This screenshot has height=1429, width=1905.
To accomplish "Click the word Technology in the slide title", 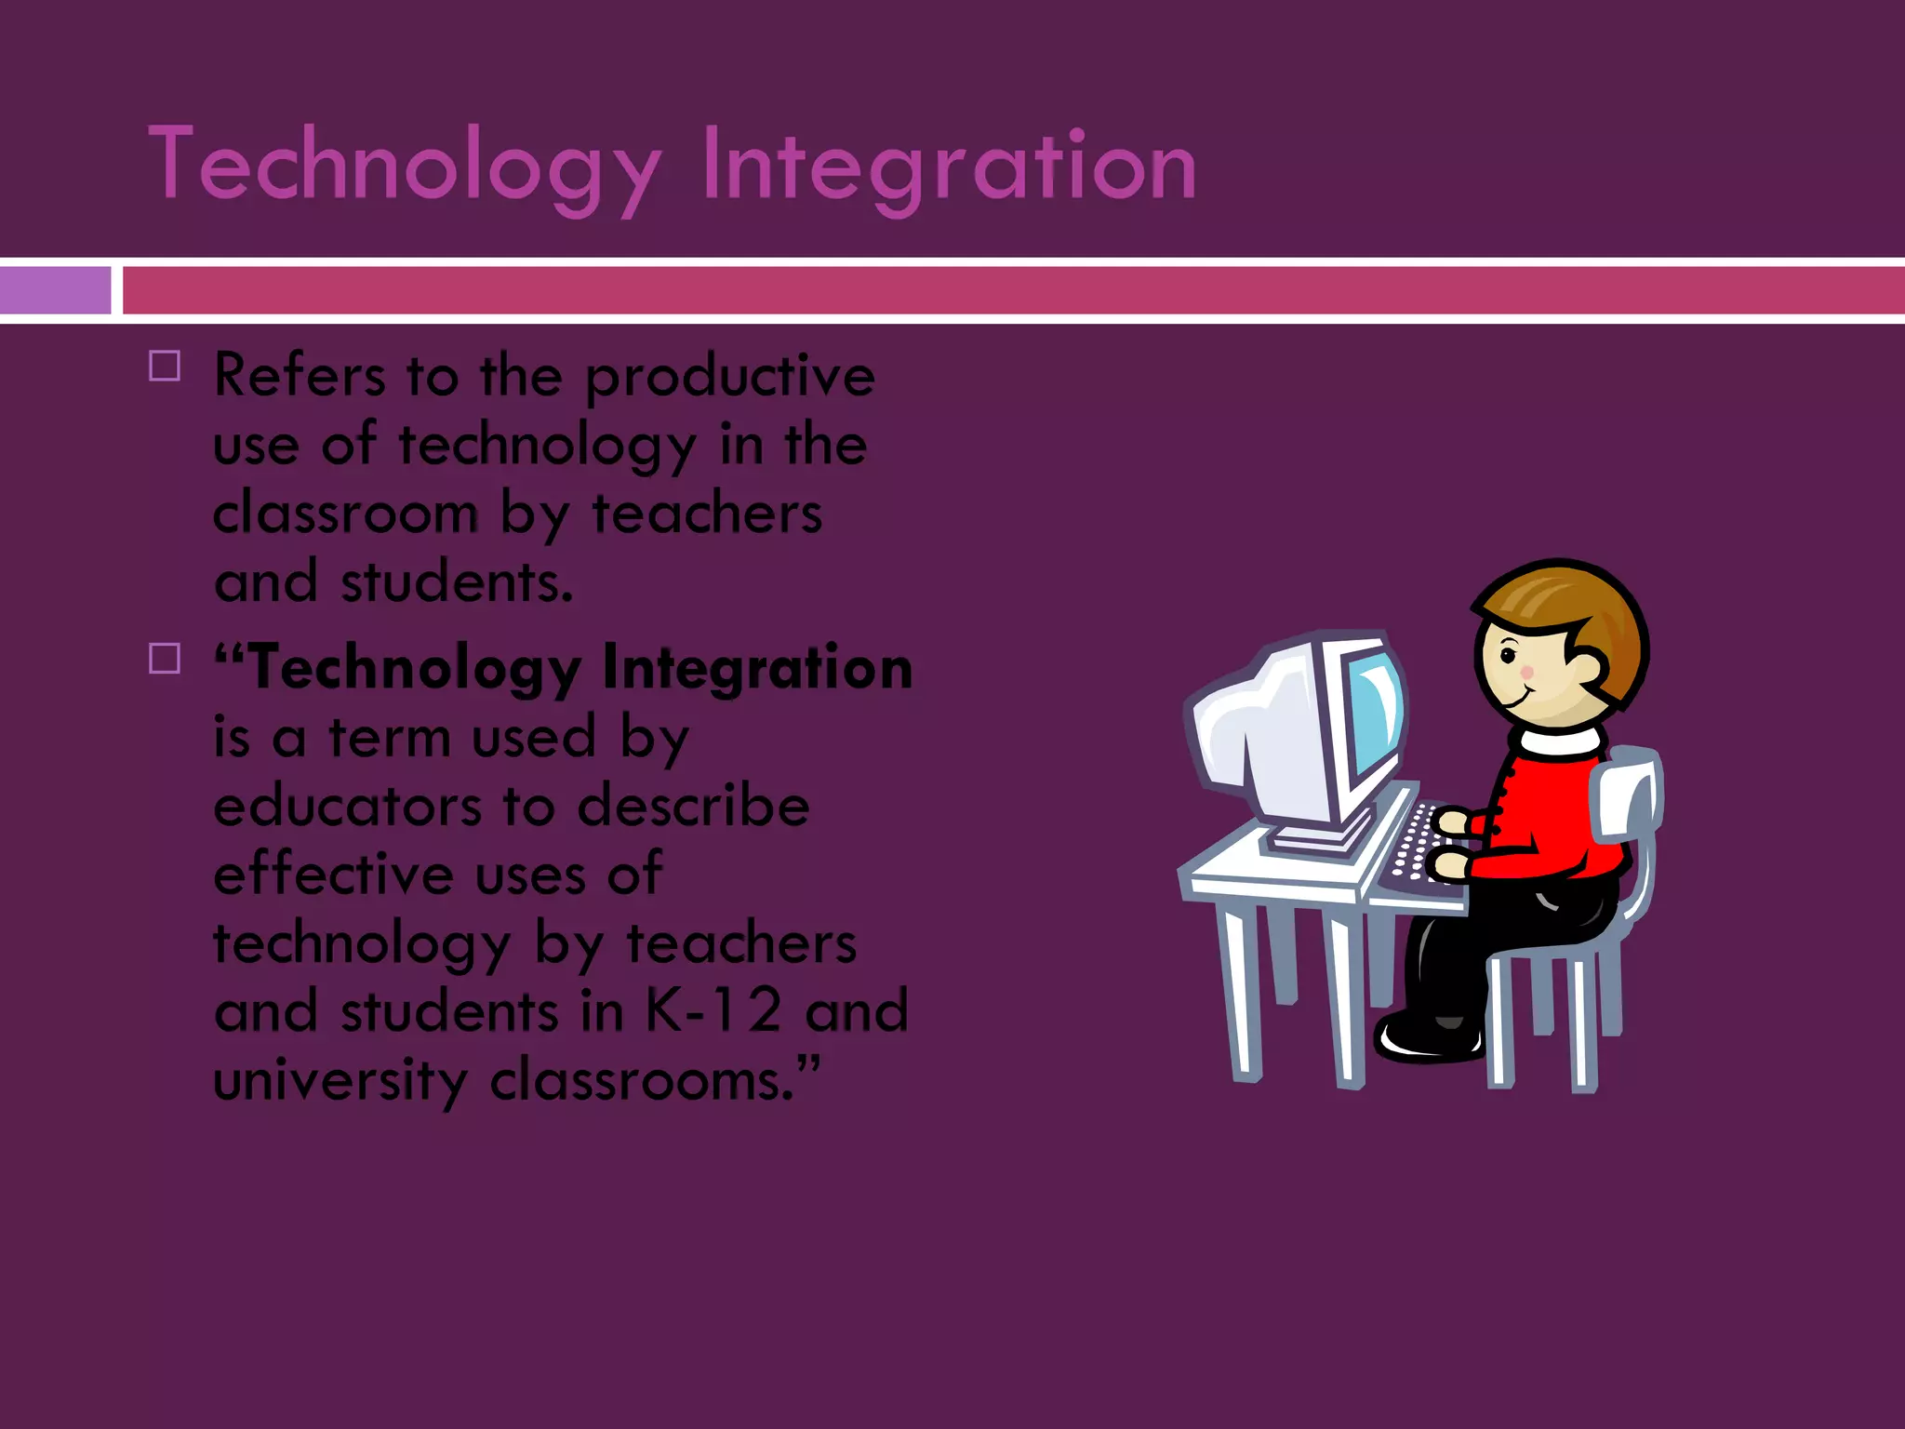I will click(x=405, y=166).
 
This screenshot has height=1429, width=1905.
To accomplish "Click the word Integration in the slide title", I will click(x=949, y=166).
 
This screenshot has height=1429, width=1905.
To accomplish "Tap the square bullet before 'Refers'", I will click(x=165, y=366).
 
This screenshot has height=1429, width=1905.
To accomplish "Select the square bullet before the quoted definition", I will click(x=165, y=659).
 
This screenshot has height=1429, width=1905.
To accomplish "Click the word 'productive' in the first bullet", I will click(x=730, y=377).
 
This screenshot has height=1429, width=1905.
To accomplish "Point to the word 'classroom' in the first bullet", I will click(x=345, y=514).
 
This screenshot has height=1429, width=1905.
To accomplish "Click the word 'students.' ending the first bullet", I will click(x=457, y=582).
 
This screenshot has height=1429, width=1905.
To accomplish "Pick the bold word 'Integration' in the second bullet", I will click(x=757, y=668).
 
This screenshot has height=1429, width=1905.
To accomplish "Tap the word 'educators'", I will click(x=346, y=806).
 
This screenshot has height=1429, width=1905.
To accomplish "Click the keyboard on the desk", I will click(x=1414, y=847).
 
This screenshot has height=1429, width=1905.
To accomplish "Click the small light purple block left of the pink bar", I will click(x=55, y=290).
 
